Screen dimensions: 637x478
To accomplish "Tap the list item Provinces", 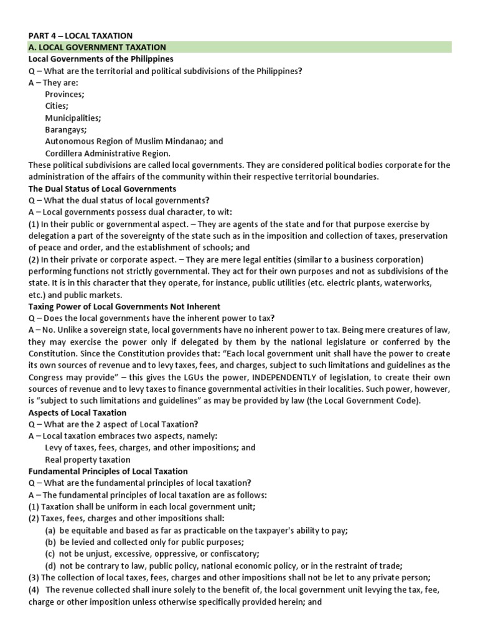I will [x=65, y=94].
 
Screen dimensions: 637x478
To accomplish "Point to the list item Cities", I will [x=57, y=106].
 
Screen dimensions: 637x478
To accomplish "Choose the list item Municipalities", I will [x=73, y=118].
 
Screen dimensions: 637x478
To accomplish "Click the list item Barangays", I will [x=66, y=129].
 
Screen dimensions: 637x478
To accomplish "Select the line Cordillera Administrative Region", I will [x=107, y=153].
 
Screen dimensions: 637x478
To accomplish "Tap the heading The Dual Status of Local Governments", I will [x=103, y=188].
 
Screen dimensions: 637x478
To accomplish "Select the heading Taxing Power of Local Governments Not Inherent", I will [x=124, y=307].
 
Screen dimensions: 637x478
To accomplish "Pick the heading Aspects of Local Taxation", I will [x=77, y=412].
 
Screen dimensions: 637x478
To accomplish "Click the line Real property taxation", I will [x=87, y=460].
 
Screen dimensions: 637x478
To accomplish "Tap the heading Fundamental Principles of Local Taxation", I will [x=108, y=472].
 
